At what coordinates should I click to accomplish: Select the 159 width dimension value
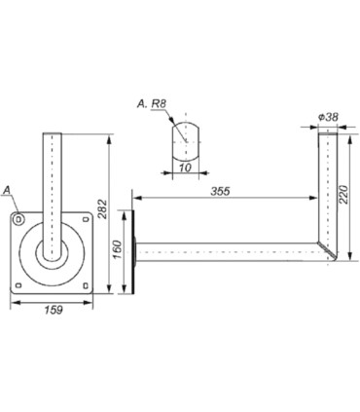tap(54, 310)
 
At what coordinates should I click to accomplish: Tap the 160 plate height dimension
tap(118, 249)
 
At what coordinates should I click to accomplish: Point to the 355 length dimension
tap(220, 191)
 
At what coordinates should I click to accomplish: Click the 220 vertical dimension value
tap(343, 194)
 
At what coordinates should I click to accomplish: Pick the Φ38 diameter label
tap(328, 117)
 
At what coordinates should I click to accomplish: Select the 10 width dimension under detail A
tap(185, 168)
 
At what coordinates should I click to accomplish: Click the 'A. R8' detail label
tap(152, 104)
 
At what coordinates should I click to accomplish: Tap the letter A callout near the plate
tap(7, 191)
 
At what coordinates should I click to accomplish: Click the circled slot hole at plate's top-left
tap(18, 219)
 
